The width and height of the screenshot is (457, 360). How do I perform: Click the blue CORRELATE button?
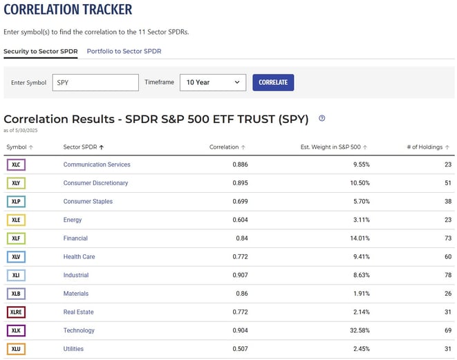click(273, 82)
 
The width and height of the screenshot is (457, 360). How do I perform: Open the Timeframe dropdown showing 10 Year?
click(213, 82)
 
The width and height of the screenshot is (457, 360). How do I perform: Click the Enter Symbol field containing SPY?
click(95, 82)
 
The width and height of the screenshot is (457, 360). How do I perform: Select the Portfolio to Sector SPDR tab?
click(124, 51)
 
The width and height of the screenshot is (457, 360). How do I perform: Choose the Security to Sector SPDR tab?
click(40, 51)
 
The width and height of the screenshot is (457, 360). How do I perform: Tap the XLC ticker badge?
click(16, 164)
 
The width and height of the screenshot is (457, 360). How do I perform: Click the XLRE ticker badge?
click(16, 312)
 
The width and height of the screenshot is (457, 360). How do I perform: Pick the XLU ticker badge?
click(16, 349)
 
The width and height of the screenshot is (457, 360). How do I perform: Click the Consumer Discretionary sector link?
click(95, 183)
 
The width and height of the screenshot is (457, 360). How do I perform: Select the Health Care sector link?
click(79, 256)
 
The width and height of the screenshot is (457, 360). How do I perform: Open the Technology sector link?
click(79, 330)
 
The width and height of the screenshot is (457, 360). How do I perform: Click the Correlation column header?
click(224, 147)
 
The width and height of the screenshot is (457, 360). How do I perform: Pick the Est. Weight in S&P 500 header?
click(331, 147)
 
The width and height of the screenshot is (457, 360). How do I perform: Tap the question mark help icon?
click(321, 118)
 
